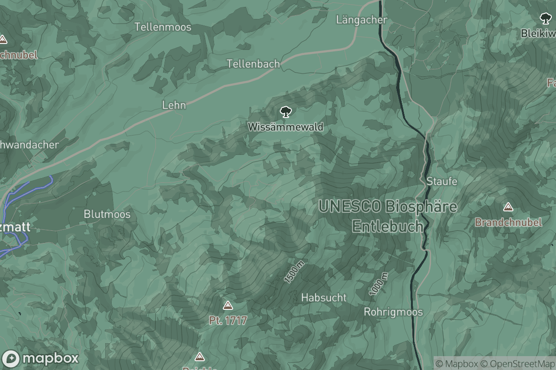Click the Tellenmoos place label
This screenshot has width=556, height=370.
[163, 27]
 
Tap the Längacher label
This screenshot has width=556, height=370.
[361, 20]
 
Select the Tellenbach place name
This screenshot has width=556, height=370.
[253, 64]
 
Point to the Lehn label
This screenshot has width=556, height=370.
[174, 105]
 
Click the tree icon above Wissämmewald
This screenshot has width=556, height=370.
[285, 111]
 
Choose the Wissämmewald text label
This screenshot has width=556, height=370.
[285, 127]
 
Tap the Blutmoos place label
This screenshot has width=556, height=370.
[107, 215]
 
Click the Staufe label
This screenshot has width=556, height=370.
[442, 181]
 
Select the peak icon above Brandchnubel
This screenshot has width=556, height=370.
[508, 207]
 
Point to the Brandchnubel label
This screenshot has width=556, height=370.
[508, 222]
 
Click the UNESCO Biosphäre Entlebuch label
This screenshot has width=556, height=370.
[387, 216]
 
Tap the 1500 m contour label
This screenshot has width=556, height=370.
[294, 272]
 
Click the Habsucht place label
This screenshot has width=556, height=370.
[323, 297]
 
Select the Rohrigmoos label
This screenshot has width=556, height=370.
[393, 312]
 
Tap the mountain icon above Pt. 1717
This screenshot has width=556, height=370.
[227, 305]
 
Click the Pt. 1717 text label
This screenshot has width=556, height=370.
[227, 320]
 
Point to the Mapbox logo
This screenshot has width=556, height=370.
[40, 358]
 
